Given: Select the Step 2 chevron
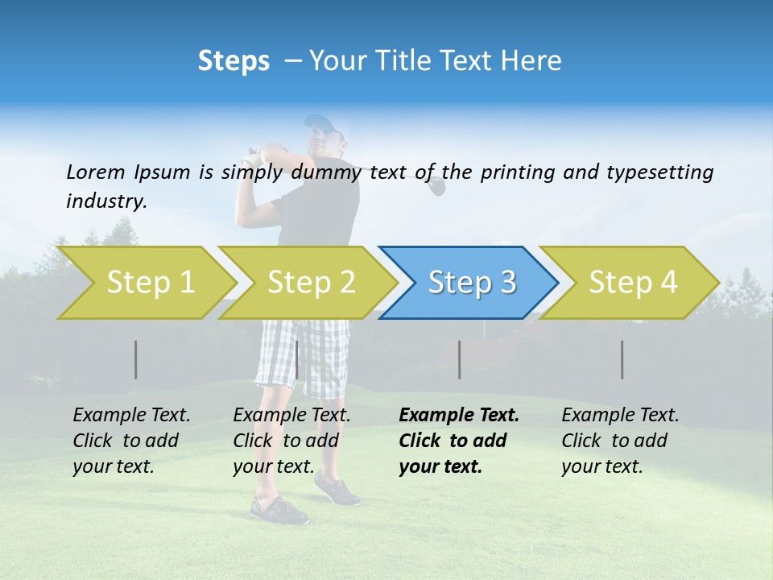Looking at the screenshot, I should point(311,283).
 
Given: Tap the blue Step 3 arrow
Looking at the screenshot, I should point(472,283).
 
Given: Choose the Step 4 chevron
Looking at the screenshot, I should point(633,283).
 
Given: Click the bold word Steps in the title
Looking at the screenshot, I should point(234,61).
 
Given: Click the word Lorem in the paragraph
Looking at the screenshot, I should point(95,172).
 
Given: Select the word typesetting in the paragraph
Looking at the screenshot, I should point(659,172).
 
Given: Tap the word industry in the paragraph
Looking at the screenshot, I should point(105,201).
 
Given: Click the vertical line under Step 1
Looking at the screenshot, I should point(135,359).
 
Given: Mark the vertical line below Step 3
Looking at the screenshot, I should point(459,359).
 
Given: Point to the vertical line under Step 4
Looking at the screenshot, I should point(622,359).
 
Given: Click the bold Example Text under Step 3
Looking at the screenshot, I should point(459,416).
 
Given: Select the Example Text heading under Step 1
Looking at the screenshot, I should point(131,416).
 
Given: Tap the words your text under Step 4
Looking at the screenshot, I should point(601,466).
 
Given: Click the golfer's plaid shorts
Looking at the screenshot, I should point(302,354).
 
